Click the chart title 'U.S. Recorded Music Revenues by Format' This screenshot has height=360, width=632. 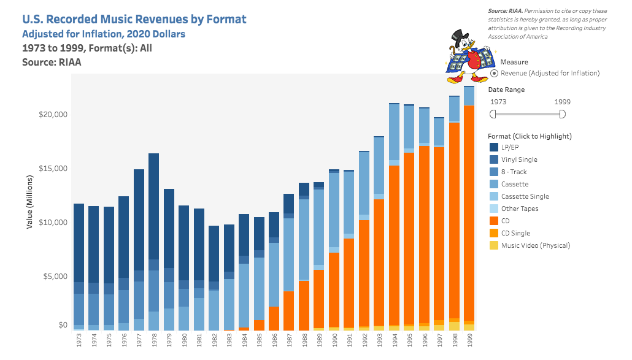pos(134,19)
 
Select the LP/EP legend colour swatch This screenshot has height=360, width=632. pos(494,147)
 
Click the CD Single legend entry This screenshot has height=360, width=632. pos(515,233)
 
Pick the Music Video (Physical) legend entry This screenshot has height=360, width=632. pos(535,245)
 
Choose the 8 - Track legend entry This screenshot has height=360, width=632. pos(514,172)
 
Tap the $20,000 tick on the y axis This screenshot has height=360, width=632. pos(53,115)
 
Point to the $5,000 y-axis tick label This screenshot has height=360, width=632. pos(55,277)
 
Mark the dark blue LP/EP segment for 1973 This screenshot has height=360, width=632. pos(79,242)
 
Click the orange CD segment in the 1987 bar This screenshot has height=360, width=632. pos(289,310)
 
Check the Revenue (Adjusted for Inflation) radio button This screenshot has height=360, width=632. pos(494,74)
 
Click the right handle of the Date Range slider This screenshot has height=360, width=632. pos(562,114)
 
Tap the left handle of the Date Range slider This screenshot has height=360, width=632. pos(493,114)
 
